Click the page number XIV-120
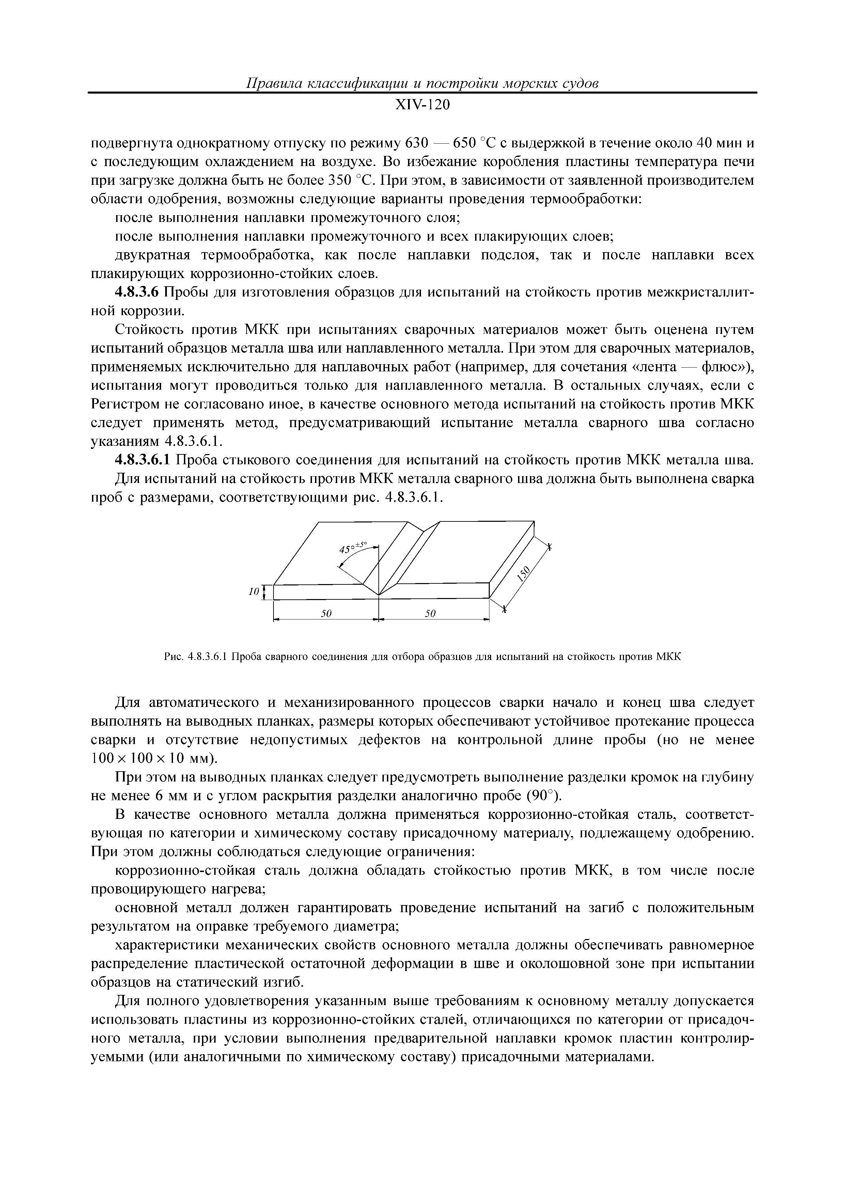pos(422,105)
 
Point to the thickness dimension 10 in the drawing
pos(253,592)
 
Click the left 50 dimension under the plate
pos(326,614)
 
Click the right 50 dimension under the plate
pos(430,614)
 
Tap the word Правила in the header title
pos(271,83)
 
